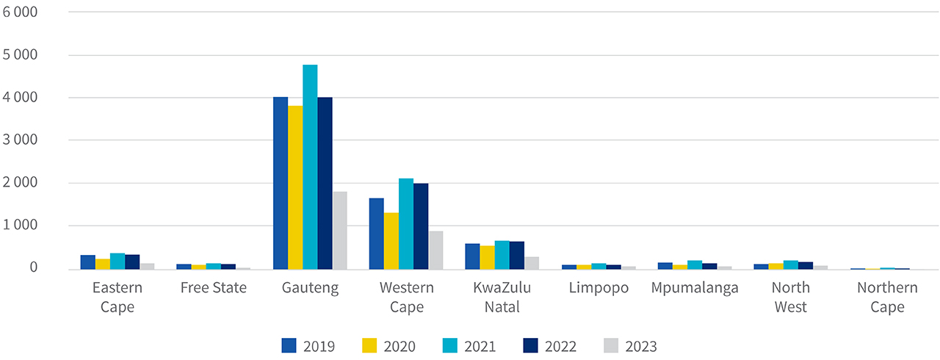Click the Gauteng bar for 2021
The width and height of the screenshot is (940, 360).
(310, 167)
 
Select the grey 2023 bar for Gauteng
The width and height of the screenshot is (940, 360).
(339, 230)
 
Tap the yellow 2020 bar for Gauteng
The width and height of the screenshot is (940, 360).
(295, 187)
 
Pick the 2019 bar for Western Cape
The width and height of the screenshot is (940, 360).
(376, 234)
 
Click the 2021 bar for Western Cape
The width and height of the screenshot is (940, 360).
(406, 223)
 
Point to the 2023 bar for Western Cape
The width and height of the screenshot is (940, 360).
(435, 250)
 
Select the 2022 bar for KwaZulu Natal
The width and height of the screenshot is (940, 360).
(517, 255)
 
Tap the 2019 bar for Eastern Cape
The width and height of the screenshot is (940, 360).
(88, 262)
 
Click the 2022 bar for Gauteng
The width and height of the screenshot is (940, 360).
(325, 183)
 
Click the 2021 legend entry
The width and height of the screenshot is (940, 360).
(469, 346)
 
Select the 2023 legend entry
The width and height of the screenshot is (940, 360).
(630, 346)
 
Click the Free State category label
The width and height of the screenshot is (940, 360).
(214, 288)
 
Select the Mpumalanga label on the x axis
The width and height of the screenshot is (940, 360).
(695, 288)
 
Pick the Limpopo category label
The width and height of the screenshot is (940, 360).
(599, 288)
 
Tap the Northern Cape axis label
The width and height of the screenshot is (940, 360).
(887, 297)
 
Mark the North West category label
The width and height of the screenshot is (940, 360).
(791, 297)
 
